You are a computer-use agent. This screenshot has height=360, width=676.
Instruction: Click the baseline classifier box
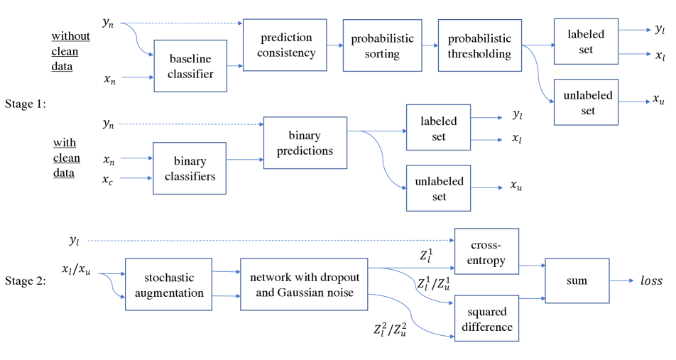[x=190, y=66]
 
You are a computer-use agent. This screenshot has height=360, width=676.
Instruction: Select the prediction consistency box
[x=285, y=45]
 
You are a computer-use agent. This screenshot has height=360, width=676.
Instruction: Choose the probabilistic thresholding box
[x=479, y=45]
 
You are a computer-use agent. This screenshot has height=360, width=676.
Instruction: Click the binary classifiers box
[x=190, y=168]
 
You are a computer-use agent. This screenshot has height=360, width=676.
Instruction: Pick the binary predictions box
[x=305, y=143]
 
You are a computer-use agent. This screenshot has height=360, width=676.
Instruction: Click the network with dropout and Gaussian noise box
[x=305, y=284]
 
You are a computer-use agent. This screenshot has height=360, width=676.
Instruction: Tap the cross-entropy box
[x=486, y=251]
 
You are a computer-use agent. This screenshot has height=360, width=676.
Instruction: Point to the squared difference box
[x=486, y=318]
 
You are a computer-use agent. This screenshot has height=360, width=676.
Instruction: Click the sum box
[x=577, y=280]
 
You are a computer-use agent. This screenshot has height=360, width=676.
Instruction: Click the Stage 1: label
[x=26, y=104]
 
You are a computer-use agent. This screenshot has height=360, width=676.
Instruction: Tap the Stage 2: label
[x=26, y=281]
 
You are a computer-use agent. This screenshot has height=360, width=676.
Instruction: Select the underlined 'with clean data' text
[x=67, y=158]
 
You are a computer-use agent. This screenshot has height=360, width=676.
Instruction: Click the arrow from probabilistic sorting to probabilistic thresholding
[x=429, y=45]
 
